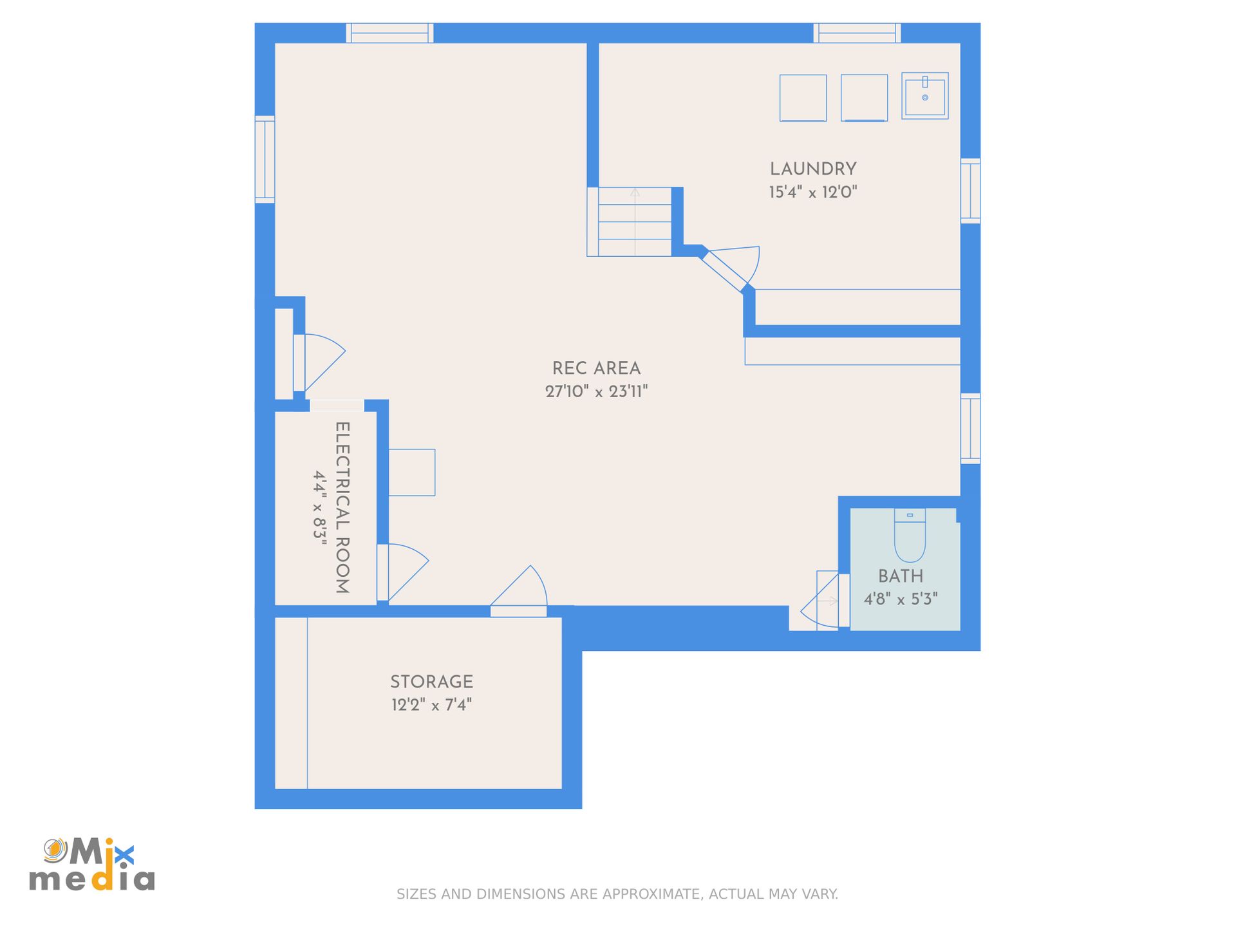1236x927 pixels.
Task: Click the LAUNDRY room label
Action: point(813,169)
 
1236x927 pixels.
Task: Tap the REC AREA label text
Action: point(596,369)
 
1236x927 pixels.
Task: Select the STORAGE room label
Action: point(431,682)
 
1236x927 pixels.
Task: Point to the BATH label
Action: point(901,576)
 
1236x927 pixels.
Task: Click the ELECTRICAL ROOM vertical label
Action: point(342,507)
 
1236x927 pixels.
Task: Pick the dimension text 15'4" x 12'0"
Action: point(813,192)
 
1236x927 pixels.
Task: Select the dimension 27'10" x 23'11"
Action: point(596,391)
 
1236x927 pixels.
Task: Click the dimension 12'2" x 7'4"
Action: point(431,705)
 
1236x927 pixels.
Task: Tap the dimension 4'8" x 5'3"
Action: point(901,599)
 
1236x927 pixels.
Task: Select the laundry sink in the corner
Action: point(924,96)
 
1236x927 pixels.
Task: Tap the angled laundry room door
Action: point(727,269)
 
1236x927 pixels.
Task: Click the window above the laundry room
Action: point(857,33)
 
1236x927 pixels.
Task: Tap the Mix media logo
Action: point(92,865)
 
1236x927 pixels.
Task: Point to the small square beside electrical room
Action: point(412,473)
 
